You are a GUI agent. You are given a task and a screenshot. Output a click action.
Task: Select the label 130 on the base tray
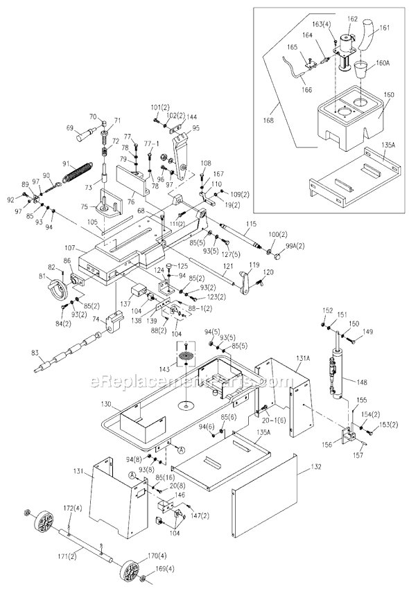pos(105,404)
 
